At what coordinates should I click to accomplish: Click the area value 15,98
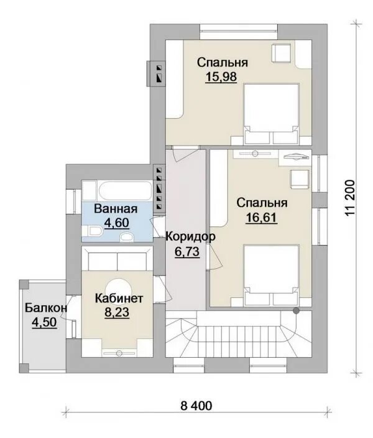(x=221, y=77)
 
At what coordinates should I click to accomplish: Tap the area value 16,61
(x=261, y=217)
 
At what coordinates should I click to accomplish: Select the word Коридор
(x=191, y=236)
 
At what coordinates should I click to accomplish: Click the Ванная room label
(x=116, y=209)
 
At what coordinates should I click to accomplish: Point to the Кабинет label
(x=119, y=299)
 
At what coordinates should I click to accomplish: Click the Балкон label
(x=46, y=308)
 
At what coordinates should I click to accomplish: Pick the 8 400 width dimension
(x=196, y=406)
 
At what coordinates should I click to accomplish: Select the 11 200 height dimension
(x=349, y=198)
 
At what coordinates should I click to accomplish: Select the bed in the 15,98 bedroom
(x=271, y=114)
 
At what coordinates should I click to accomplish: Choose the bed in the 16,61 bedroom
(x=271, y=275)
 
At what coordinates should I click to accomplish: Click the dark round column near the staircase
(x=296, y=310)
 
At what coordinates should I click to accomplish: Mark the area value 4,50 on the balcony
(x=44, y=322)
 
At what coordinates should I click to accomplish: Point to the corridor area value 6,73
(x=187, y=252)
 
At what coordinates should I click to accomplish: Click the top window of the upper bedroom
(x=239, y=32)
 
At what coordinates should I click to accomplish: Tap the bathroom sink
(x=127, y=238)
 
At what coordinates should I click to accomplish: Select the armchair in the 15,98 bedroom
(x=282, y=52)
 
